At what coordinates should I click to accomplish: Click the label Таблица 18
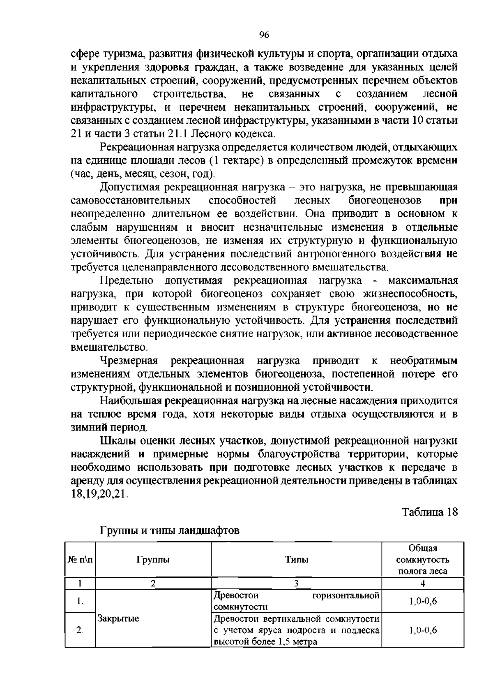point(430,512)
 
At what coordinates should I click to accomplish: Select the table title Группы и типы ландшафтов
point(170,530)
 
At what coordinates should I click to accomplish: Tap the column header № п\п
point(80,560)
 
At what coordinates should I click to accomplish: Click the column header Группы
point(153,560)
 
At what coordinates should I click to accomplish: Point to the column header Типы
point(297,560)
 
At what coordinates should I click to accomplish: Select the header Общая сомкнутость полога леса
point(422,560)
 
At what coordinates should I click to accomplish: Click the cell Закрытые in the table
point(118,618)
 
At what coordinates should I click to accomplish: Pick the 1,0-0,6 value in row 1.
point(422,601)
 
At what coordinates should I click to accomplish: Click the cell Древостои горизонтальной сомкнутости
point(296,601)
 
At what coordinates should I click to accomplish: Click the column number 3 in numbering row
point(297,583)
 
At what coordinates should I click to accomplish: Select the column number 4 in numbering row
point(422,583)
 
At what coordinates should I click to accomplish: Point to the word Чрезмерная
point(129,361)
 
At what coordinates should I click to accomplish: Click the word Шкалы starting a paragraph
point(117,441)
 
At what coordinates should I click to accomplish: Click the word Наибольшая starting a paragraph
point(131,401)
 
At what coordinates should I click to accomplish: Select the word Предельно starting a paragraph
point(127,281)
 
